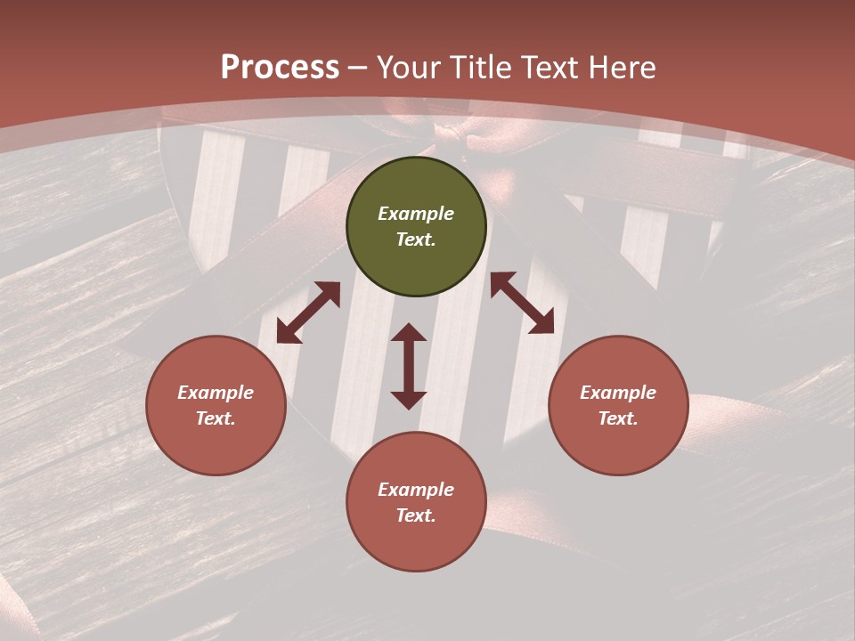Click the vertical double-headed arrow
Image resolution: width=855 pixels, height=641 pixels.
[x=409, y=366]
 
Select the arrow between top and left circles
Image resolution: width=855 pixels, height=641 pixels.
[x=308, y=312]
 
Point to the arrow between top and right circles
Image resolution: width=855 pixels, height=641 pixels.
[x=522, y=303]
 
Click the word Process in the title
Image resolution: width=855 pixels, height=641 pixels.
[x=280, y=67]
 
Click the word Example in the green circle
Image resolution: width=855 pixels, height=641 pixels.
[x=416, y=214]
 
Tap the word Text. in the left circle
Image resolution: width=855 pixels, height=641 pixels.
[x=216, y=418]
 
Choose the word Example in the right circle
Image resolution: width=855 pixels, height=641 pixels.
[x=618, y=393]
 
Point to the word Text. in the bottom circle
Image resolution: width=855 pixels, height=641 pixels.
[x=416, y=515]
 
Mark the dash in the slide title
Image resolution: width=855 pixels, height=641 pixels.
[x=358, y=68]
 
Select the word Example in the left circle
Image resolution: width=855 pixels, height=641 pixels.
[x=216, y=393]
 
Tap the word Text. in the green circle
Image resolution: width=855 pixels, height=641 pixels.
[x=416, y=239]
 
